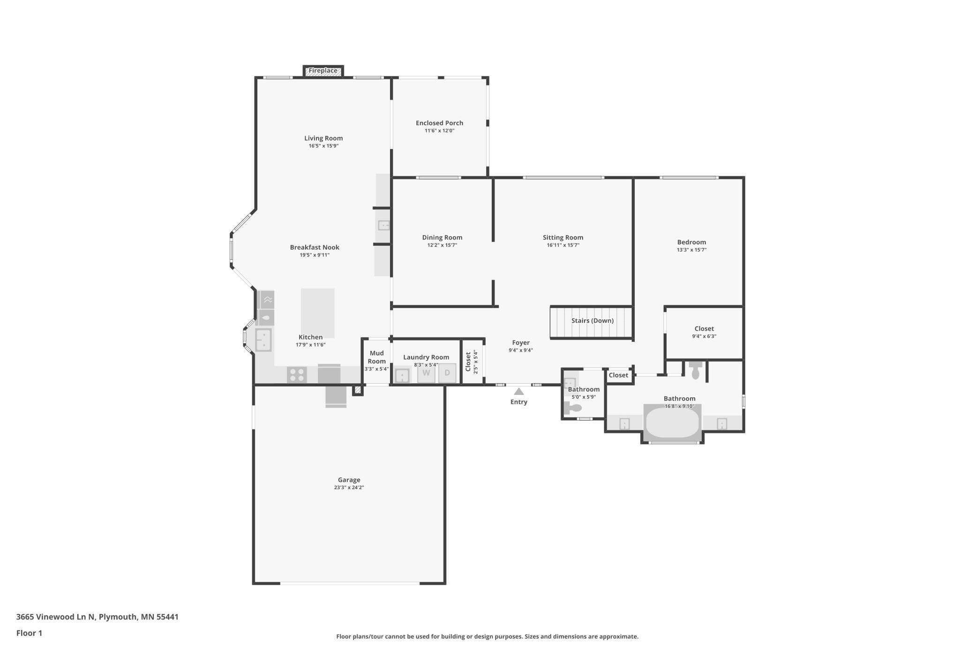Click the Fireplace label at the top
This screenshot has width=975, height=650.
point(323,71)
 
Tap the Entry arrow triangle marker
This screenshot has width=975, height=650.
point(518,392)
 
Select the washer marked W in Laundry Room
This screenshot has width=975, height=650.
point(426,373)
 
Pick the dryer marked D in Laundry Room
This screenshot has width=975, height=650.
point(447,373)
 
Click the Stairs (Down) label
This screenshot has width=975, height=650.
point(592,321)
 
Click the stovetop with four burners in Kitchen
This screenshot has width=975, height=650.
point(297,375)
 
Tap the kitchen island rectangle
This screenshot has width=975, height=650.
point(317,313)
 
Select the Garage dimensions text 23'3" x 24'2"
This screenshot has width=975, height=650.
point(349,488)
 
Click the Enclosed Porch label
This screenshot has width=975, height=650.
point(439,123)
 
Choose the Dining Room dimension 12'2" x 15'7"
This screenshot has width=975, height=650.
point(442,245)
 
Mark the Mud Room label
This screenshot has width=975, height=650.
point(376,357)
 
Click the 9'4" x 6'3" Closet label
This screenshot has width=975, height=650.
point(704,329)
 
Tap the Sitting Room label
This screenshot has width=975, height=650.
point(563,238)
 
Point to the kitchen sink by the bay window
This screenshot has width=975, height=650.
point(263,340)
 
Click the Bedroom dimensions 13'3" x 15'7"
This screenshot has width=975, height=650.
point(691,250)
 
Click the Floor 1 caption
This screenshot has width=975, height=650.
point(29,633)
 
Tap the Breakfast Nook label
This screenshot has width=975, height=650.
point(315,248)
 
